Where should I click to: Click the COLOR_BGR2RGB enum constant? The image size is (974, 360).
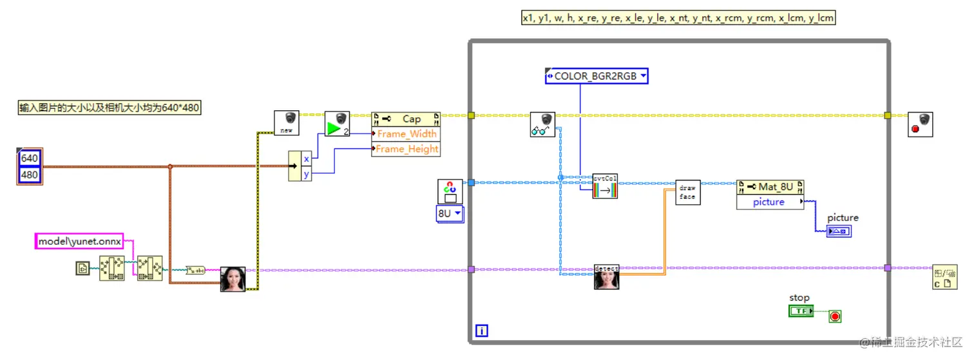pyautogui.click(x=596, y=76)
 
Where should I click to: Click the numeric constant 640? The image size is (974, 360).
pyautogui.click(x=30, y=158)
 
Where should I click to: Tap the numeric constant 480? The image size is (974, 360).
pyautogui.click(x=30, y=175)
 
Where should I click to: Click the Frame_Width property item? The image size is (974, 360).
pyautogui.click(x=406, y=134)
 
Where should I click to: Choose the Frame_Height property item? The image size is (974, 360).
pyautogui.click(x=406, y=149)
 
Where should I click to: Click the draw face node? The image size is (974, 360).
pyautogui.click(x=687, y=192)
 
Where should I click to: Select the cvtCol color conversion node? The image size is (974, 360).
pyautogui.click(x=605, y=185)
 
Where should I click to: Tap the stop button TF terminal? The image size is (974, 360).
pyautogui.click(x=801, y=311)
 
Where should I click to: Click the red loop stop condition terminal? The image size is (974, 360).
pyautogui.click(x=836, y=316)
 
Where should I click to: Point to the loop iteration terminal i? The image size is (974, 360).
pyautogui.click(x=481, y=331)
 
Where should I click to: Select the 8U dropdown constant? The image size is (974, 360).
pyautogui.click(x=450, y=213)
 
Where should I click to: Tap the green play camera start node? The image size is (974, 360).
pyautogui.click(x=336, y=124)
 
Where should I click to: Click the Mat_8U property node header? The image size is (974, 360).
pyautogui.click(x=770, y=187)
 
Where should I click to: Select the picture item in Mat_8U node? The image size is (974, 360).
pyautogui.click(x=769, y=202)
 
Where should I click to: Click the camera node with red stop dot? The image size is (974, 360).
pyautogui.click(x=919, y=124)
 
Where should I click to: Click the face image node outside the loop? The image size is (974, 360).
pyautogui.click(x=233, y=279)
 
